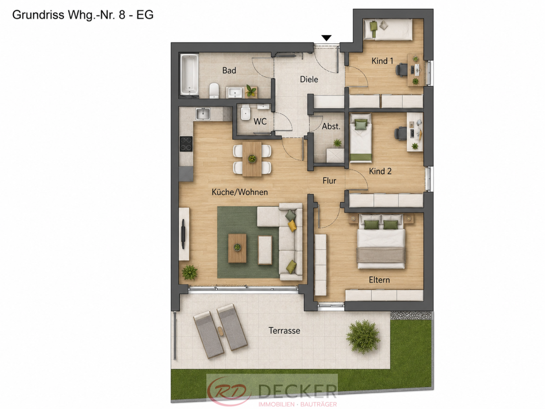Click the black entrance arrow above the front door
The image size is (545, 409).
point(326,38)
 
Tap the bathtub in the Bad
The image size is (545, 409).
point(189,75)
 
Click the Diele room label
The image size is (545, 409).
point(309,80)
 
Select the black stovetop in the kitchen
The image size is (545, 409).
point(186,144)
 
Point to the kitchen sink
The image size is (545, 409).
point(203,114)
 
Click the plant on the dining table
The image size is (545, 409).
point(252,159)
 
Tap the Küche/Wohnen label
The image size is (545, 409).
point(240,192)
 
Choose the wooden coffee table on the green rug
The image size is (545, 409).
point(237,248)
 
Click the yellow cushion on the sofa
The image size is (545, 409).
point(292,225)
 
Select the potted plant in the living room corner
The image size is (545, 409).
point(189,272)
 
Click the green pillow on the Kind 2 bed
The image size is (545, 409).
point(361,124)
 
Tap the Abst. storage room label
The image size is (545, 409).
point(331,126)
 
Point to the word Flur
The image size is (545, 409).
point(329,180)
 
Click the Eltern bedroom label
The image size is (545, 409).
point(379,280)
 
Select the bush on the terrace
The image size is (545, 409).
point(363,336)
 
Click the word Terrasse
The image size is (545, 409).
point(284,330)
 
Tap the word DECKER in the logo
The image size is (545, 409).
point(297,391)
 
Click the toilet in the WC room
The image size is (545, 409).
point(245,114)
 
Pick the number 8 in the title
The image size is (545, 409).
point(122,15)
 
